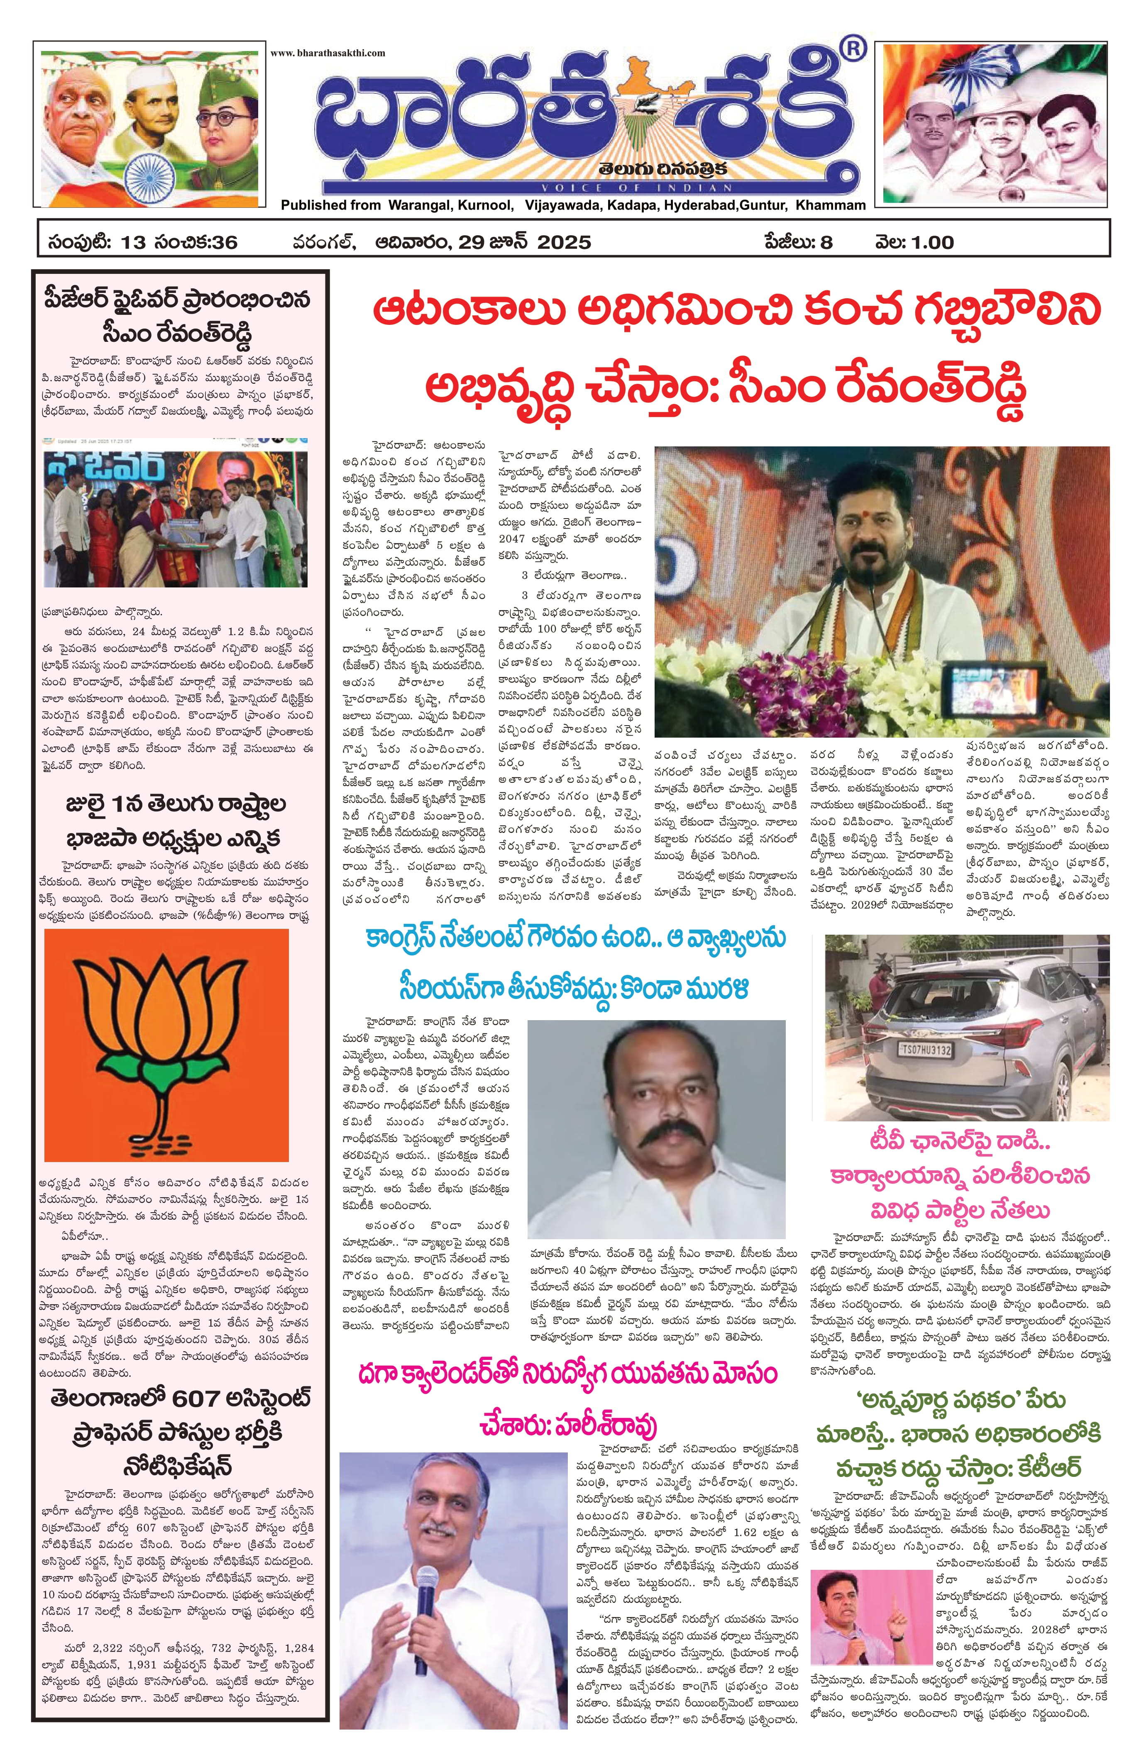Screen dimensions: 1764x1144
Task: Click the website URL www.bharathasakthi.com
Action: pos(328,53)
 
